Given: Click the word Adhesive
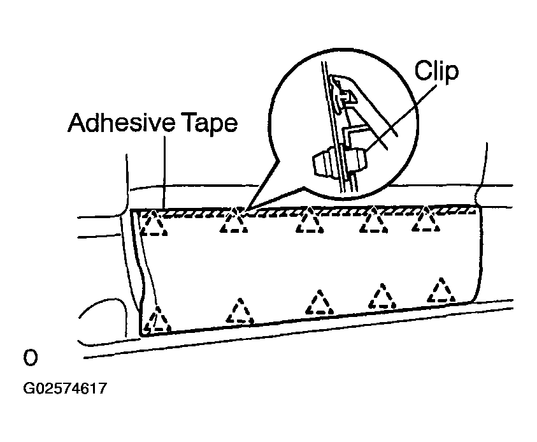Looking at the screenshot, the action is [122, 122].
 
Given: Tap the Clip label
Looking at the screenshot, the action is [436, 71].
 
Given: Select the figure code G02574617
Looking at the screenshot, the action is [65, 388].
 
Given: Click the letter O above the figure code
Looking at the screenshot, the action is [30, 358].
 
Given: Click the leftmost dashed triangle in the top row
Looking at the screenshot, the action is [154, 223].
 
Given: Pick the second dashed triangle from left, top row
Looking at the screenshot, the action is [234, 221].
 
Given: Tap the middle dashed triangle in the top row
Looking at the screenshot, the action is [310, 221].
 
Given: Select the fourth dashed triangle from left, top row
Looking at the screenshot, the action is [374, 220].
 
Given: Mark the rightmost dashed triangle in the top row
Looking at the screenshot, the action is [426, 219].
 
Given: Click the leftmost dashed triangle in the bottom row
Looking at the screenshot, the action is [157, 320].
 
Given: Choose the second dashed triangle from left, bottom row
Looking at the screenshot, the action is [240, 311].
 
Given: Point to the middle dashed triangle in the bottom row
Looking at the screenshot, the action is [320, 302].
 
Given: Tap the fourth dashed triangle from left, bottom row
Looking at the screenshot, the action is [382, 296].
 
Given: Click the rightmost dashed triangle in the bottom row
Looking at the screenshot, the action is [441, 290].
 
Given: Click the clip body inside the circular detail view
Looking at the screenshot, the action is [340, 161].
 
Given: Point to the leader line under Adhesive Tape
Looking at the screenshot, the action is [165, 173].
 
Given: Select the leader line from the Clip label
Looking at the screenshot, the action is [401, 117].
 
